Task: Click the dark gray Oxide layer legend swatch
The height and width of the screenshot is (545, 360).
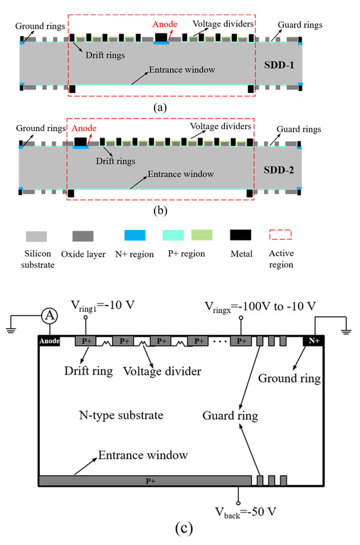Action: click(x=83, y=236)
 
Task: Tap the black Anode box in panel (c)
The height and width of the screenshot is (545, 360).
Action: click(x=50, y=341)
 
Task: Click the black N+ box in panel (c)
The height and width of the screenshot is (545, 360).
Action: click(x=312, y=341)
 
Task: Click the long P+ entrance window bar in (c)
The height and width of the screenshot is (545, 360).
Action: click(x=145, y=481)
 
